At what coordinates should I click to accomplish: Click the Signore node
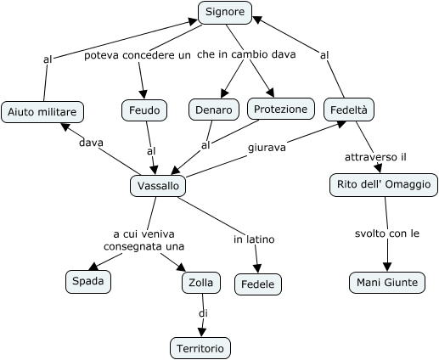(225, 13)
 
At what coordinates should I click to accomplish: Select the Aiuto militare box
(42, 112)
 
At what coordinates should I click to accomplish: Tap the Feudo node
(144, 110)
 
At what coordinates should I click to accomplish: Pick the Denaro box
(214, 110)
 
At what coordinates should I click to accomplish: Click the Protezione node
(281, 109)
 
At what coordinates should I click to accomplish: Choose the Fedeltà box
(349, 110)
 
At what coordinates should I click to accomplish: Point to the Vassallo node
(158, 186)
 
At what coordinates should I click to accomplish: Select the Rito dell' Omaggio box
(384, 185)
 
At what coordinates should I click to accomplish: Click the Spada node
(88, 282)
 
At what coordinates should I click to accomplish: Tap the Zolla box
(201, 283)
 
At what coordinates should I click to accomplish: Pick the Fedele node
(258, 284)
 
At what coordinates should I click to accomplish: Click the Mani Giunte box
(387, 283)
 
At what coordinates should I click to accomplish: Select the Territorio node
(200, 348)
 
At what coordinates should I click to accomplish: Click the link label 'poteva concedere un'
(138, 55)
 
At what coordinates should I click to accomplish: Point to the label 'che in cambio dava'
(246, 54)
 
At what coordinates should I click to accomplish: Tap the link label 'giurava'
(267, 148)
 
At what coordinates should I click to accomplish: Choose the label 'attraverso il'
(375, 157)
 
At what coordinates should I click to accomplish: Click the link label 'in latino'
(254, 239)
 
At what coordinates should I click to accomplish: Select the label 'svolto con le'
(387, 233)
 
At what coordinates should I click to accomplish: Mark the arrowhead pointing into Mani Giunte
(387, 267)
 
